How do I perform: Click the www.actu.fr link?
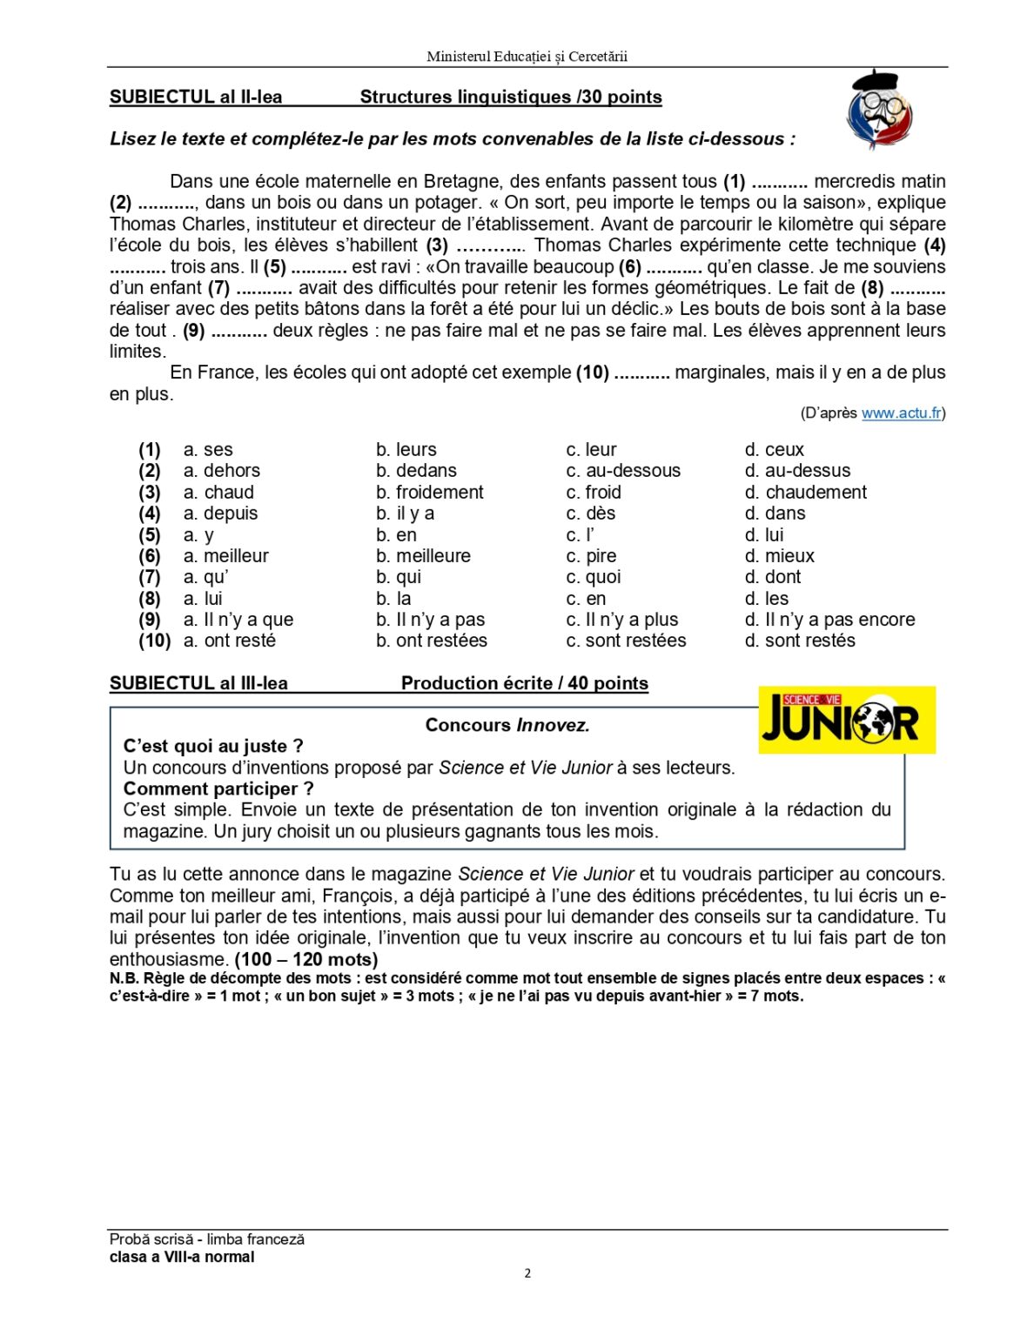(901, 413)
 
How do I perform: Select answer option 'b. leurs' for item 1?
(406, 450)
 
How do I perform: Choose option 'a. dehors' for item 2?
(221, 471)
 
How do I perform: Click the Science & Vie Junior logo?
(846, 720)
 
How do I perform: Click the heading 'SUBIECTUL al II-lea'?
(196, 97)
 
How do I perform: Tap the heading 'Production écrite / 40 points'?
(524, 684)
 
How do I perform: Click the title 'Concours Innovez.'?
(507, 725)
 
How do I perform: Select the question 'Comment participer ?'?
(218, 789)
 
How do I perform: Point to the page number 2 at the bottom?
(527, 1273)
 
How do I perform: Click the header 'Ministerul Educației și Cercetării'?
(527, 57)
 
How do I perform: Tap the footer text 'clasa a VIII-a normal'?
(182, 1257)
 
